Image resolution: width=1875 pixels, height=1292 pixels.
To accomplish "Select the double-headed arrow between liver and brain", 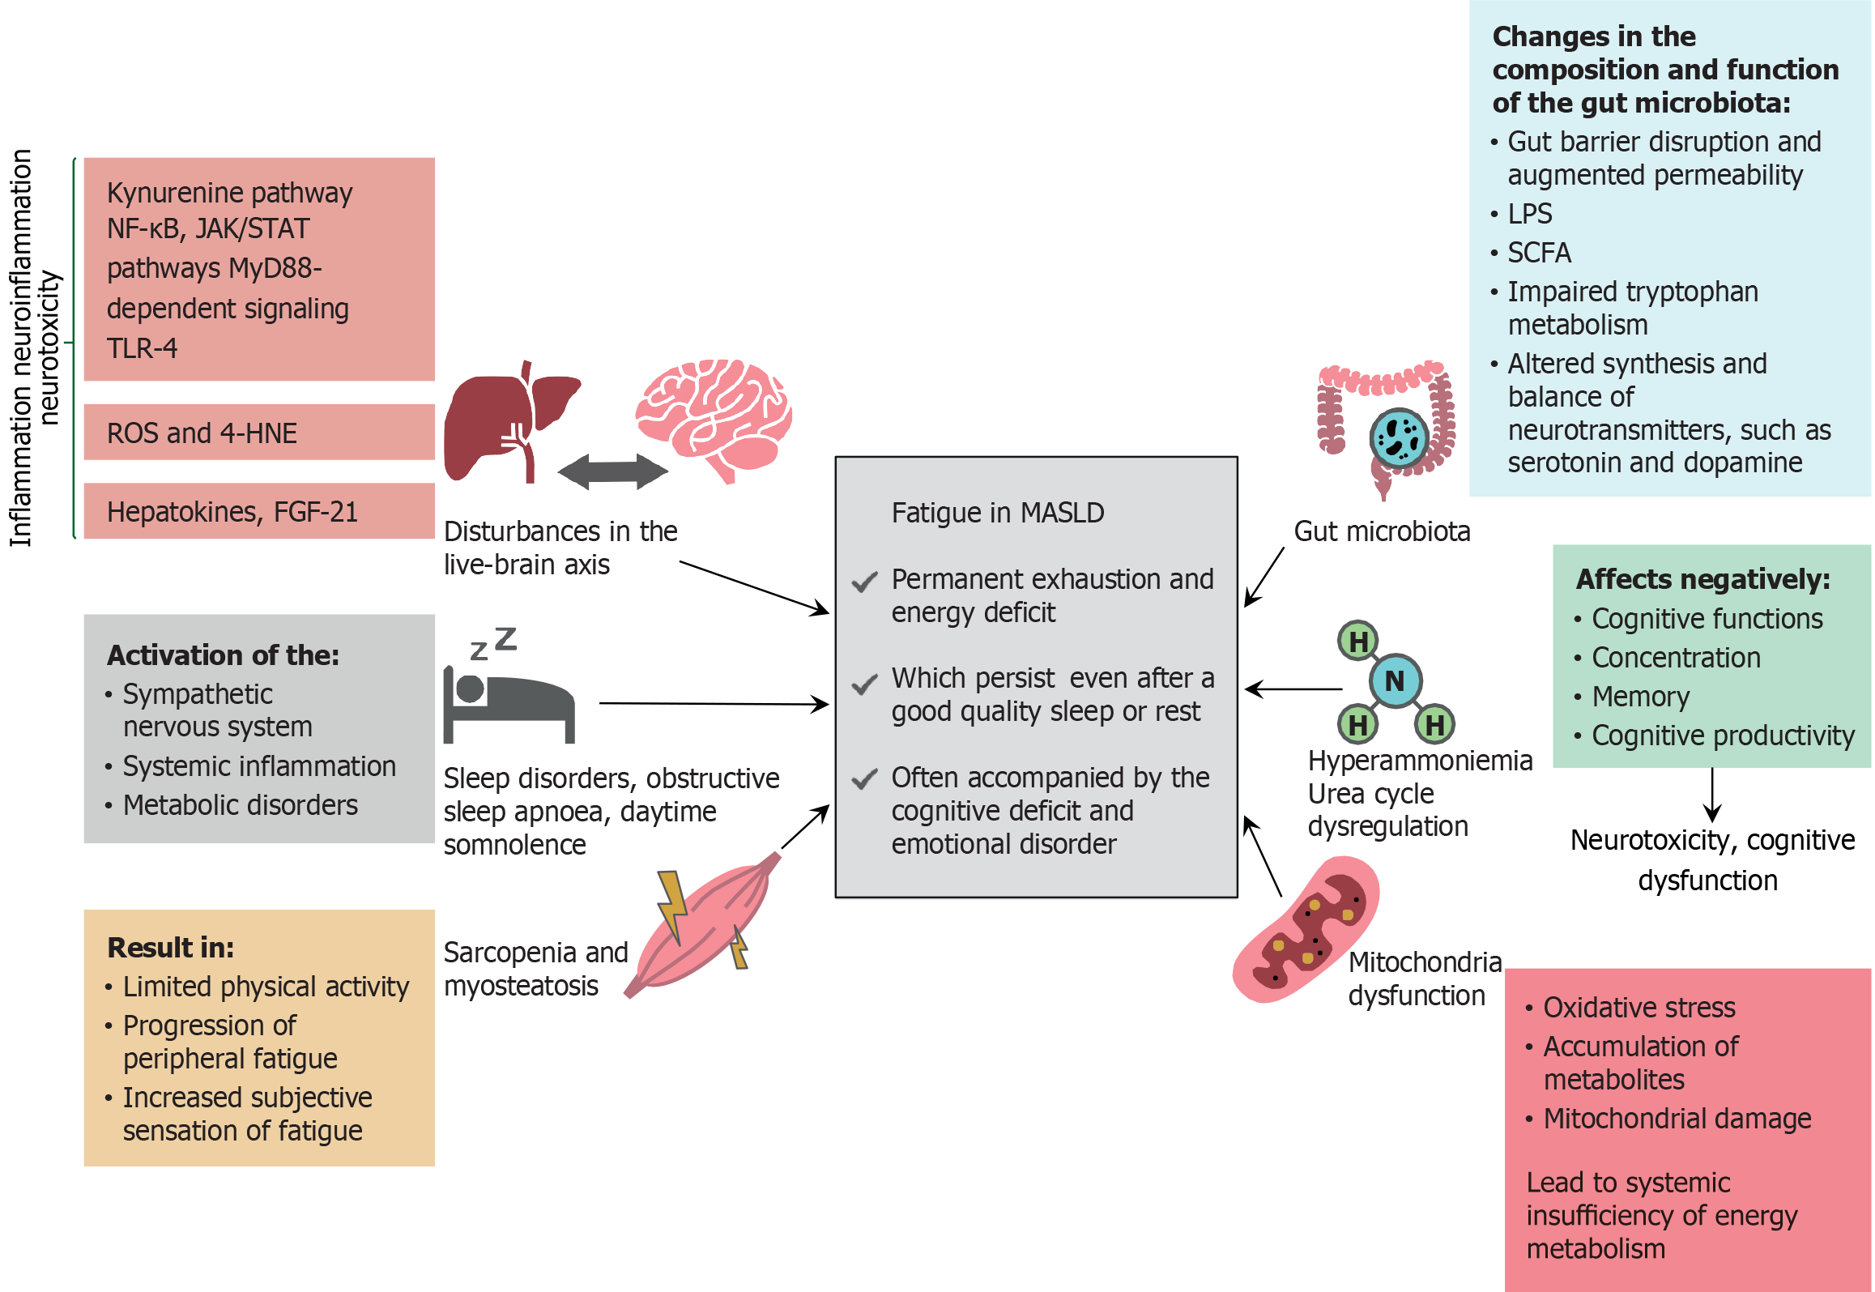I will pos(612,471).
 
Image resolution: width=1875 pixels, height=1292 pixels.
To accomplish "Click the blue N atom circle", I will pos(1395,681).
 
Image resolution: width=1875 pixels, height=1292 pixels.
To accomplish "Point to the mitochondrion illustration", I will pos(1306,932).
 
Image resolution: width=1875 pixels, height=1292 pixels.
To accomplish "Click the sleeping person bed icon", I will pos(508,701).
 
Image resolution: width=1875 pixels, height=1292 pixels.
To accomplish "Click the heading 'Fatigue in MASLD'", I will pos(997,514).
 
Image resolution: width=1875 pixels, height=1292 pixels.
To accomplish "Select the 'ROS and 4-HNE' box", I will pos(259,433).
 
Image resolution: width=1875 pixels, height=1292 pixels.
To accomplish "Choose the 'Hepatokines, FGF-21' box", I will pos(259,512).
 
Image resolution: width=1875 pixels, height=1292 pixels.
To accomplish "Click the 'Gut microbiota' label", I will pos(1381,531).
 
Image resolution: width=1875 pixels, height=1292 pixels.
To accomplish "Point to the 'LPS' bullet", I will pos(1529,214).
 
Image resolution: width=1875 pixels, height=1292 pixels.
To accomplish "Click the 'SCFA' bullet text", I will pos(1539,253).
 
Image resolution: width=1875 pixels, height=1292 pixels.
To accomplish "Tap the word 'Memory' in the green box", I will pos(1640,697).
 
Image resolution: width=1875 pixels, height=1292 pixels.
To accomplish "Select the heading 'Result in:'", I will pos(171,947).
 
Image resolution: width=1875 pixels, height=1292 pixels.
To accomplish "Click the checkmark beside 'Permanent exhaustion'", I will pos(864,582).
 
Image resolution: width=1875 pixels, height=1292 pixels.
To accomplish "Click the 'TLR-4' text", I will pos(142,348).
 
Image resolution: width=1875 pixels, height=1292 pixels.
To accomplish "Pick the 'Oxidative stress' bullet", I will pos(1638,1008).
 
